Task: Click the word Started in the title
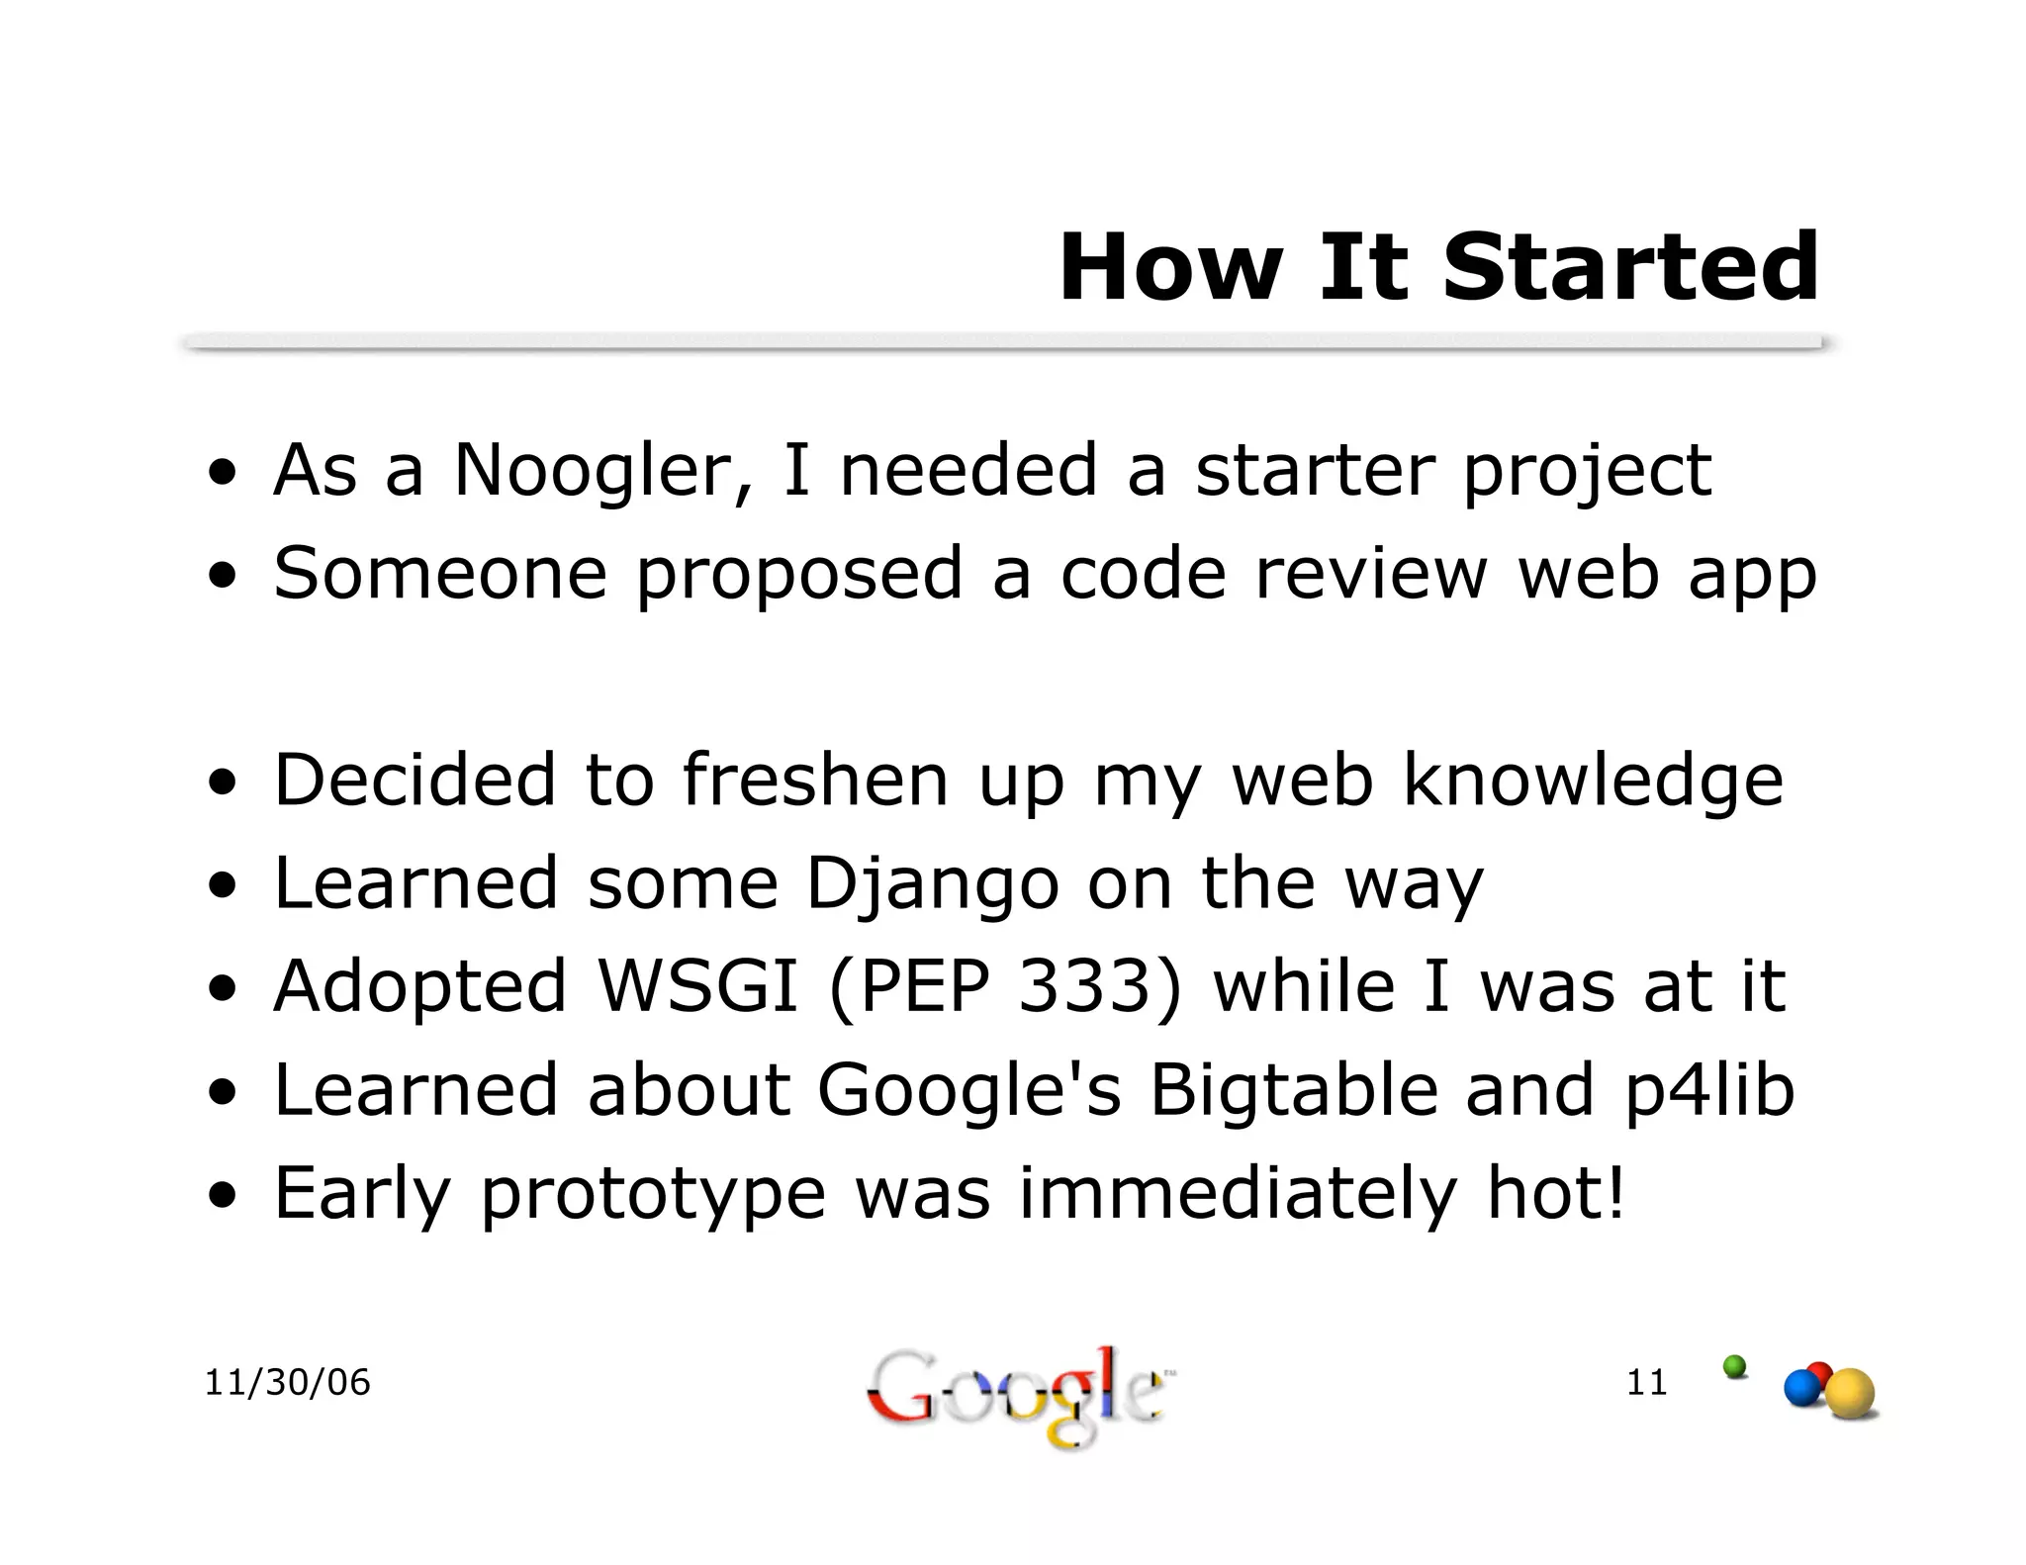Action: pos(1629,267)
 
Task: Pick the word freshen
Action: pos(815,780)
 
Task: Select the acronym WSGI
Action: pos(697,986)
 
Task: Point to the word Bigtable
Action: pos(1293,1089)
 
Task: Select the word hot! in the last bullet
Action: pos(1555,1192)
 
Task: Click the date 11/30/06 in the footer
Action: pos(287,1382)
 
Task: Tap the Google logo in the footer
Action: pos(1015,1395)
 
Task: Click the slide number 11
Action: pos(1646,1382)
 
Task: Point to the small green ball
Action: pos(1734,1366)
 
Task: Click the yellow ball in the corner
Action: pos(1849,1393)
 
